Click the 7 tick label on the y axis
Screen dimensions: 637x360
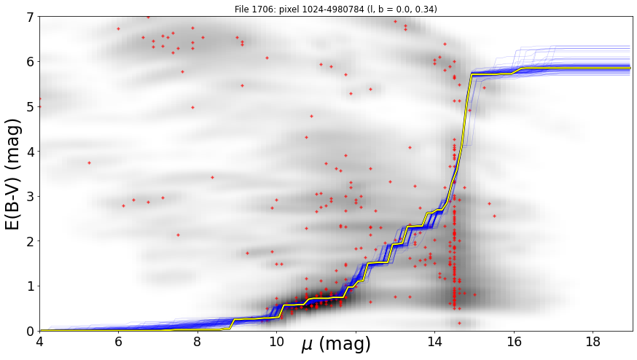point(31,17)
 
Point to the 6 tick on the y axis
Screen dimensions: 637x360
point(31,62)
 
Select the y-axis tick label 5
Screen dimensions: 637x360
point(31,107)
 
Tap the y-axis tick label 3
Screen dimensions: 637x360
point(31,197)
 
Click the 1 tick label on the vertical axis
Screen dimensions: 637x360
point(31,286)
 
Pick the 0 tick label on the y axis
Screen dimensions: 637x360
point(31,331)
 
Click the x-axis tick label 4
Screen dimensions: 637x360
point(40,342)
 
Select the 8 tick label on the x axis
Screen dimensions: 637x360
point(198,342)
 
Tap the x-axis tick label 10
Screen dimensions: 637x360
point(277,342)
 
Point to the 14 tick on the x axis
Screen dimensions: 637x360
point(434,342)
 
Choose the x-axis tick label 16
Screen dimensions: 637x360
point(514,342)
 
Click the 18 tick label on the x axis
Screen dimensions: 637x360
point(593,342)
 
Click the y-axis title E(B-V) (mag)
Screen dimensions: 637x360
point(13,174)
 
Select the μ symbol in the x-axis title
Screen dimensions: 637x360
point(308,345)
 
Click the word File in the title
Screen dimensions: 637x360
point(242,9)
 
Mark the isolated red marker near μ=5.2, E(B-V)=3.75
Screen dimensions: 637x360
point(89,163)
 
